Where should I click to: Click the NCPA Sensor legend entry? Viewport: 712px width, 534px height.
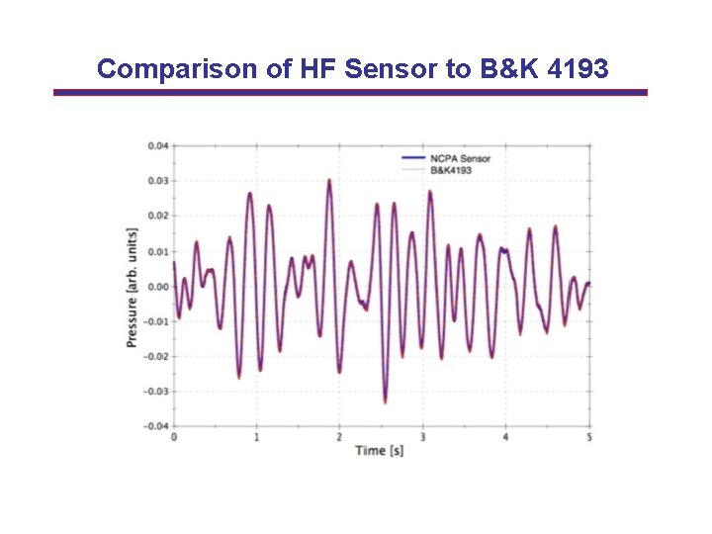coord(460,158)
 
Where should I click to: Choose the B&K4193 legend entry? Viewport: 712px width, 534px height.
coord(452,170)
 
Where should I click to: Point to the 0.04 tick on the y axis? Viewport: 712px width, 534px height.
coord(158,145)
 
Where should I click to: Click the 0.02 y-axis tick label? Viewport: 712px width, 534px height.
coord(158,216)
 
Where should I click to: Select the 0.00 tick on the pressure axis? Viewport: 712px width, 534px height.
coord(158,287)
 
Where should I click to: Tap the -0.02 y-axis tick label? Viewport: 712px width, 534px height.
coord(156,356)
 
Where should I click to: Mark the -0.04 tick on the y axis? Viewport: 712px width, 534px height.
coord(156,426)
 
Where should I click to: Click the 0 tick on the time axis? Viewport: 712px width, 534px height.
coord(174,437)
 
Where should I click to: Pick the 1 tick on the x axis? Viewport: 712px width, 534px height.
coord(257,437)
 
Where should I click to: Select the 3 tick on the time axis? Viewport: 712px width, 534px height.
coord(423,437)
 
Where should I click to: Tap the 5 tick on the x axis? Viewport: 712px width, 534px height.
coord(589,437)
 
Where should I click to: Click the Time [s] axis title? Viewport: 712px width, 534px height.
coord(380,451)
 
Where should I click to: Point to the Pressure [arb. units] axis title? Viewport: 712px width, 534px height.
coord(132,287)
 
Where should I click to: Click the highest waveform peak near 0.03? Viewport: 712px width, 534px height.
coord(328,181)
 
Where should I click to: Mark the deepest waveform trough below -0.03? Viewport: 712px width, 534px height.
coord(385,401)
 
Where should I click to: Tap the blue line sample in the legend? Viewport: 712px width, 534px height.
coord(413,158)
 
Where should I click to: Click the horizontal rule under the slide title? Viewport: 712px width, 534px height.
coord(350,92)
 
